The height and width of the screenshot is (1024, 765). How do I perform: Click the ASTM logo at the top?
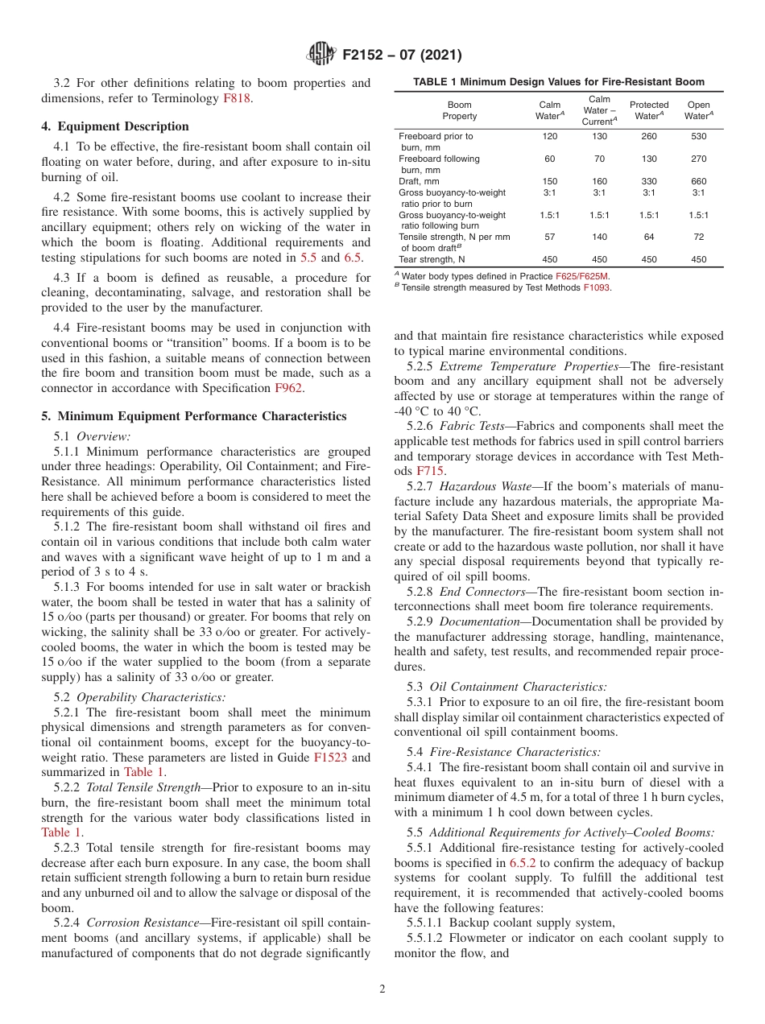point(320,56)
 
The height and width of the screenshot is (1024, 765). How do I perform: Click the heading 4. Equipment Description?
point(115,126)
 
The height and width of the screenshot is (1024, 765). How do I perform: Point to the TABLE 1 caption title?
point(558,82)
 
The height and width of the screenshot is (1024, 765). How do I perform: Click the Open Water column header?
point(698,110)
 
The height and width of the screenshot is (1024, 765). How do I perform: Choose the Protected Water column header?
point(648,110)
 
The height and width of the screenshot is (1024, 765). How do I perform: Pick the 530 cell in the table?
point(698,137)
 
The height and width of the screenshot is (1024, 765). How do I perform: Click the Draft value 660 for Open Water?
point(698,181)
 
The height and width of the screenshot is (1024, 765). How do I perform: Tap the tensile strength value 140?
point(599,237)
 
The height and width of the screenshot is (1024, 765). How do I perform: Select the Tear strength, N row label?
point(432,259)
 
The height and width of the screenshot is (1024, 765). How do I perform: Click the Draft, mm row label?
point(421,181)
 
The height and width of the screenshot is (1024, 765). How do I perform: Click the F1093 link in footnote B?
point(597,287)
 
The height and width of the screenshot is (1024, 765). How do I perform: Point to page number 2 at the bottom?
point(382,989)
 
